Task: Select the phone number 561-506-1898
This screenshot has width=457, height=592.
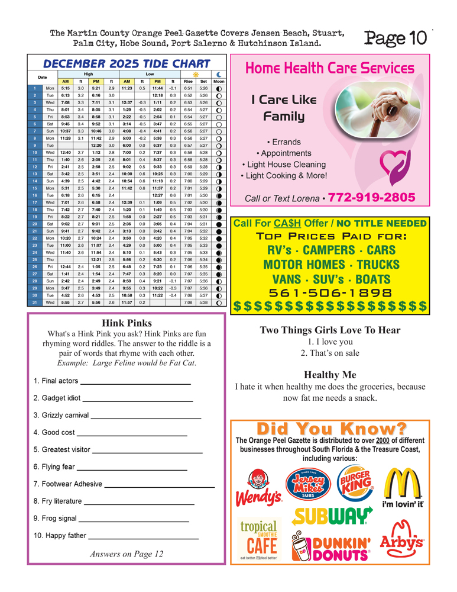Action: click(x=329, y=292)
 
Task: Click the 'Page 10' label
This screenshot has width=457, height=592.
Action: click(x=395, y=38)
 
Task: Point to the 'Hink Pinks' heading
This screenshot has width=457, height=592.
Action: click(x=127, y=323)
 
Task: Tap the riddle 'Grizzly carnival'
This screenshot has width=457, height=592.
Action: click(x=61, y=415)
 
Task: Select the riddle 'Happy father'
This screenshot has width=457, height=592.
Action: click(x=60, y=536)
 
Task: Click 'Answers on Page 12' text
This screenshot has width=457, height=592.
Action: click(x=127, y=555)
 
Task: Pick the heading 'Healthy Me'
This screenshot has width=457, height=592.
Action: click(x=330, y=375)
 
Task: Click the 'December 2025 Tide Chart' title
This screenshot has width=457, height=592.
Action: click(x=127, y=64)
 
